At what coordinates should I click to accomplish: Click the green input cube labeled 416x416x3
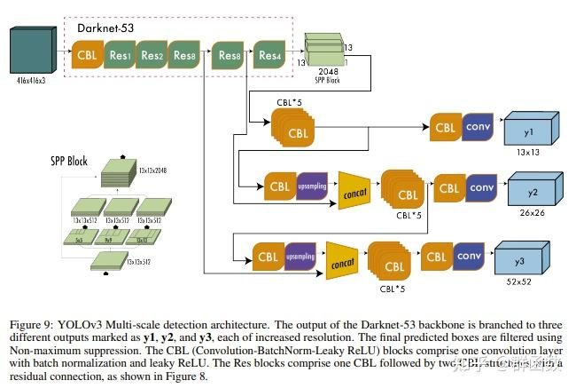coord(34,52)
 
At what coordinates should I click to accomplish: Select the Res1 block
coord(121,57)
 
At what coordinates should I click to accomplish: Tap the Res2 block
coord(152,57)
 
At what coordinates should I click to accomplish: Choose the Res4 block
coord(269,57)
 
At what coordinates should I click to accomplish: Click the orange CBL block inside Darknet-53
coord(88,57)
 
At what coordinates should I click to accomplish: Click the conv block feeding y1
coord(479,127)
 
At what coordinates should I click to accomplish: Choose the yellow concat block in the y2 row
coord(354,192)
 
